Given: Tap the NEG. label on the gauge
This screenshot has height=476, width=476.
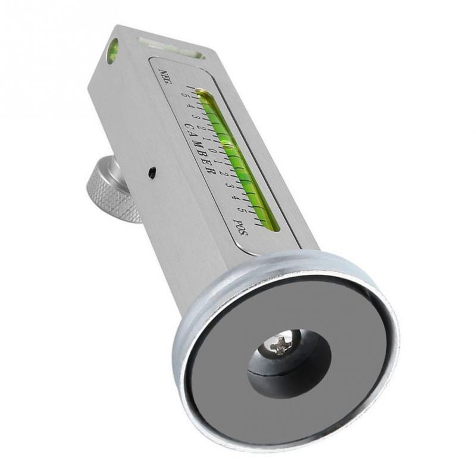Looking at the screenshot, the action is pos(164,77).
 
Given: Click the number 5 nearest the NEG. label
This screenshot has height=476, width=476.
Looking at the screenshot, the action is pos(184,95).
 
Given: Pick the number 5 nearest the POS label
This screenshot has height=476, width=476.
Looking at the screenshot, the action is pos(240,209).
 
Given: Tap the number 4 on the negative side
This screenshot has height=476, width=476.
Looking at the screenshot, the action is pos(189,106).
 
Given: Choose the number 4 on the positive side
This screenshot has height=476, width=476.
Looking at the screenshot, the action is pos(234,198).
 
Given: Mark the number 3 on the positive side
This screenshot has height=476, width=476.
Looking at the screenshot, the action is pos(230,185).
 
